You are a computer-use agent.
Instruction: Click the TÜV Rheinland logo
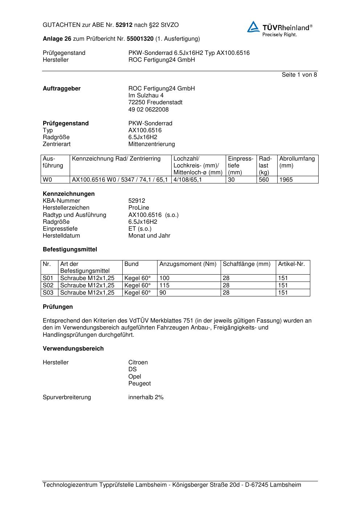279,28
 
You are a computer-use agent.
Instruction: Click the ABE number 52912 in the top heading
124,25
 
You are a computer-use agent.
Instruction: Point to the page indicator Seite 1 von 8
299,75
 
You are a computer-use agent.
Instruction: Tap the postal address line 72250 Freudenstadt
155,102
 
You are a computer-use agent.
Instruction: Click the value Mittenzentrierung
151,144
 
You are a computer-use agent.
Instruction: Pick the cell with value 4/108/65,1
188,180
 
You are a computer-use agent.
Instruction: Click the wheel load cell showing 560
264,180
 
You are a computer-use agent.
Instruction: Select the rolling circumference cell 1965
286,180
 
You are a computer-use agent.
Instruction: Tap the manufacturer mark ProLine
139,208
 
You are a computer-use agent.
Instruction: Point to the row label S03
48,293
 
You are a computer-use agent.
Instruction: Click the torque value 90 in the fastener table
163,293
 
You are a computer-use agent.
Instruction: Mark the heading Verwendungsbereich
73,349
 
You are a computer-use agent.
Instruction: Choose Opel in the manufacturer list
135,377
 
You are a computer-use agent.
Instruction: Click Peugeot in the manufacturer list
139,384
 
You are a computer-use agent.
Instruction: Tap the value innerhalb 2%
146,397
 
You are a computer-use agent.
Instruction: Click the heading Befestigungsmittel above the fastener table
70,250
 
